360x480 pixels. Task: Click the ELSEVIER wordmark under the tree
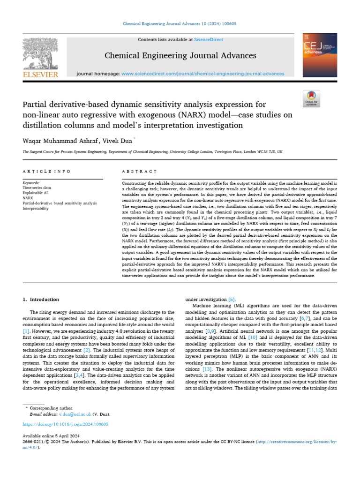(40, 75)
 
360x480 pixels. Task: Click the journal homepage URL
(202, 74)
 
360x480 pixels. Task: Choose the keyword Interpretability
(36, 208)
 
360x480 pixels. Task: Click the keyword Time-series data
(36, 187)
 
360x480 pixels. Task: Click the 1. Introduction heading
(41, 299)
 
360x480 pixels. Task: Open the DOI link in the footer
(66, 424)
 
